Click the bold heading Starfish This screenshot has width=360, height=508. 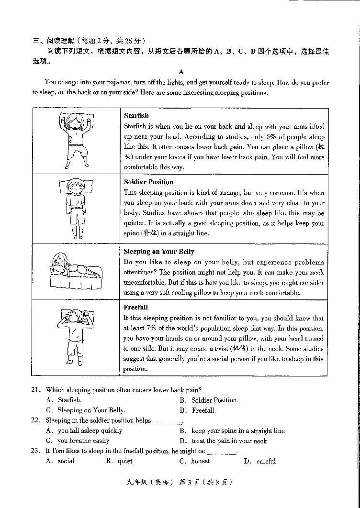click(136, 116)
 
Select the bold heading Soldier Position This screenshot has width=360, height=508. click(148, 182)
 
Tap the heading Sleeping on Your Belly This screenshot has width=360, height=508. click(159, 252)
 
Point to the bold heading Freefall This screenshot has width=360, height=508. click(135, 307)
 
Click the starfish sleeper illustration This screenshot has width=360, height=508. click(76, 141)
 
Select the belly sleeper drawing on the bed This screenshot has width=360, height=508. click(75, 272)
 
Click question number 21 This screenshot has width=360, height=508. click(35, 390)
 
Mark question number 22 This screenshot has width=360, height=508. click(35, 420)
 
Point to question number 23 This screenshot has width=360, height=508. click(35, 451)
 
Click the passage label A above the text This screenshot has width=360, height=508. click(181, 72)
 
